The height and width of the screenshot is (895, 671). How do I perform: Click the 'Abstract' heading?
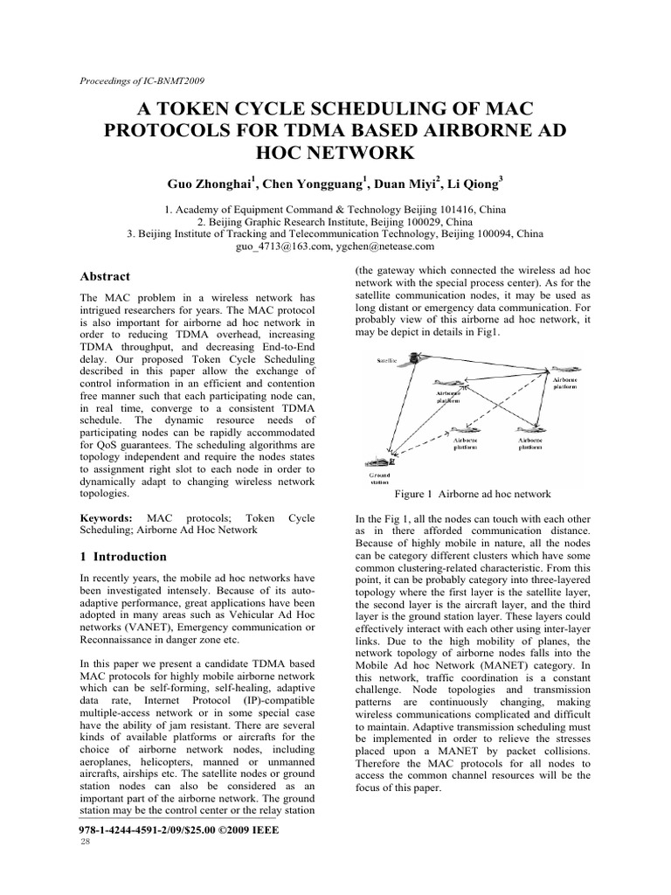coord(105,276)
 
